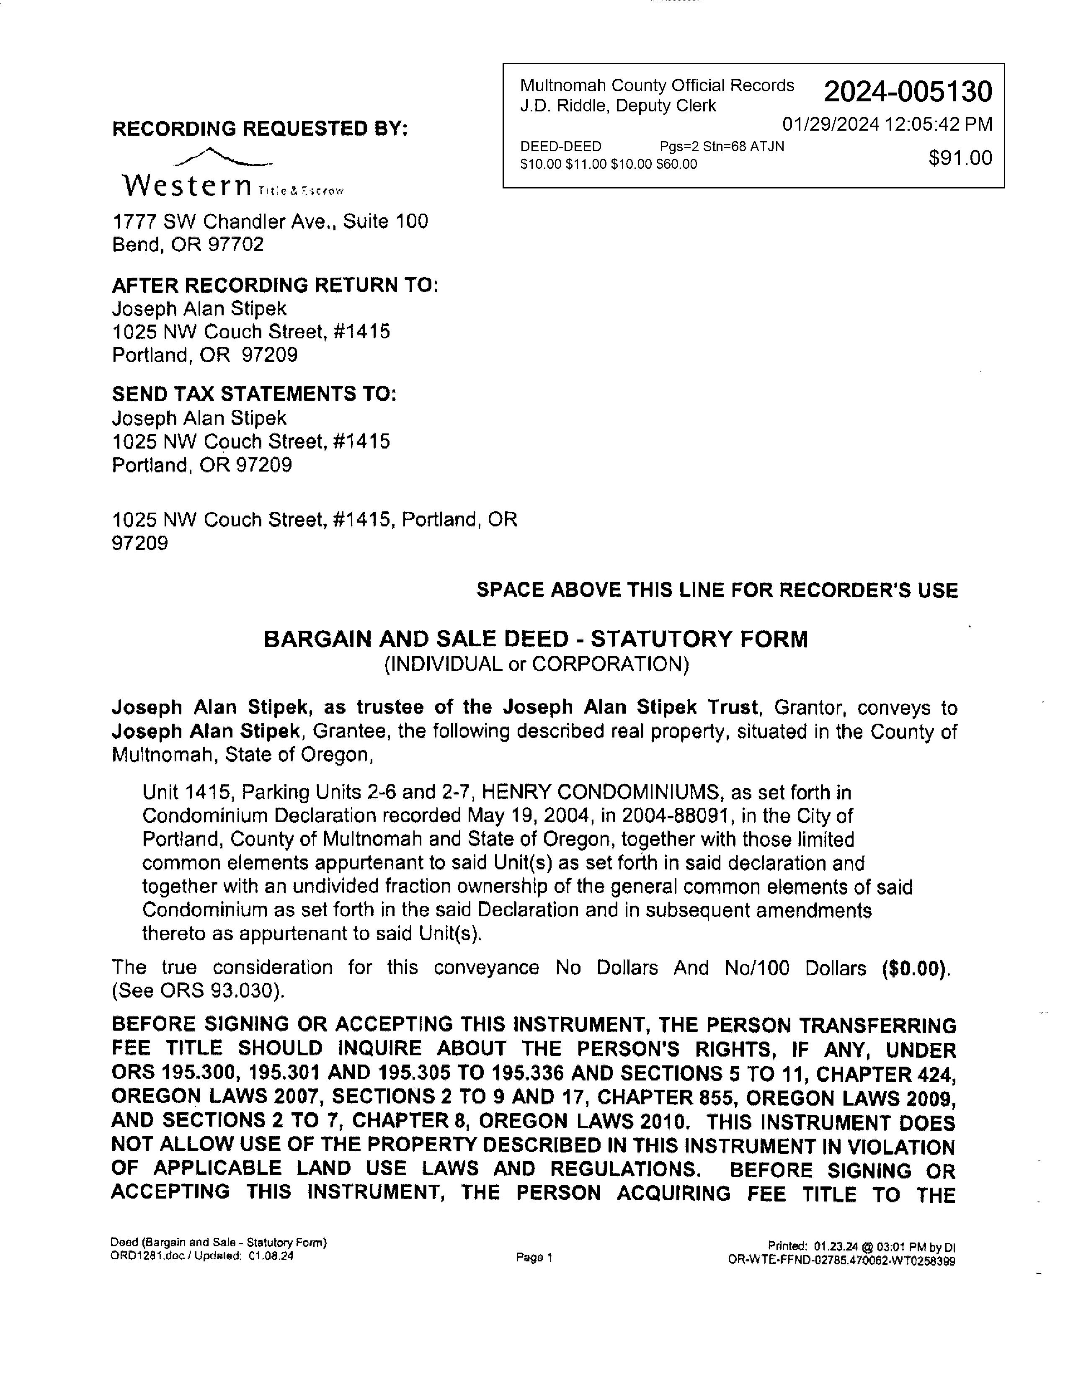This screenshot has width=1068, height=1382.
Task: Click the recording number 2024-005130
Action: click(x=907, y=93)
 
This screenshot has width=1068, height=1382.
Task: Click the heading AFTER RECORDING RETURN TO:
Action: click(x=275, y=285)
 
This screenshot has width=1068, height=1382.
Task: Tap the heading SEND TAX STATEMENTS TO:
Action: click(x=254, y=394)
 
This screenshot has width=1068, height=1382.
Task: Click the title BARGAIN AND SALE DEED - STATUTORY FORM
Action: click(x=535, y=639)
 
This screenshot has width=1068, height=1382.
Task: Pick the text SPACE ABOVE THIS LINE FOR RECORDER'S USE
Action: click(x=717, y=590)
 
